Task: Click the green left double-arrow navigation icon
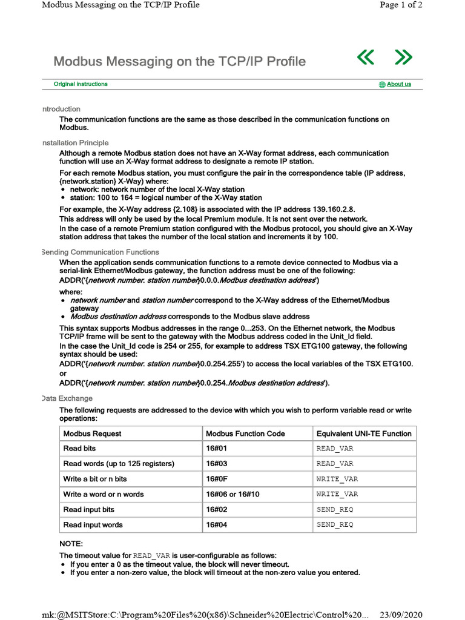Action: pos(366,58)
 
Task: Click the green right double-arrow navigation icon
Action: pos(403,58)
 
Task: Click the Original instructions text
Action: pos(81,84)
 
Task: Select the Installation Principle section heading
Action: pos(75,143)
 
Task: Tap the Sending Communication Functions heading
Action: pos(100,252)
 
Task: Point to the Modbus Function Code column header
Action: pos(245,434)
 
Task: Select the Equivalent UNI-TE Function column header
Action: pos(364,434)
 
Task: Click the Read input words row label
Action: pos(93,525)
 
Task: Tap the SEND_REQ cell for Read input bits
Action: pos(335,510)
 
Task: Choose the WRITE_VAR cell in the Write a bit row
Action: pos(337,479)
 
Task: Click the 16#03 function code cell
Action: pos(216,464)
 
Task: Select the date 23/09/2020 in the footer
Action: pos(400,615)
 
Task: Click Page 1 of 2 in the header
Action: pos(401,5)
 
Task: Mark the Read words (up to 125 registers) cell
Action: pos(119,464)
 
